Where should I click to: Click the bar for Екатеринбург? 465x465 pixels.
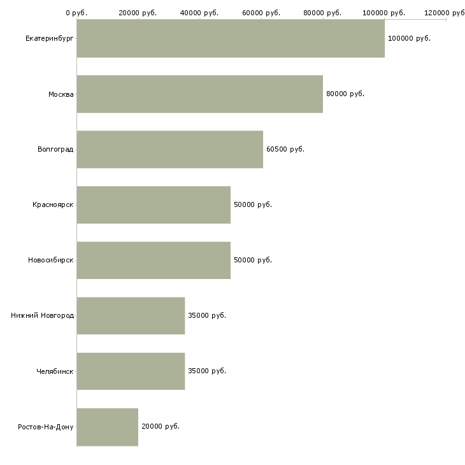click(x=231, y=38)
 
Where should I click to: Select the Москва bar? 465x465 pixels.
click(x=200, y=94)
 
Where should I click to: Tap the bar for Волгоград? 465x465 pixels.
click(x=170, y=150)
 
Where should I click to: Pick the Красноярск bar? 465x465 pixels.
click(x=154, y=205)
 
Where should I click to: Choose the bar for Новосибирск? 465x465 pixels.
click(x=154, y=261)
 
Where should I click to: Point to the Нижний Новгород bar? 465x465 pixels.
click(x=131, y=316)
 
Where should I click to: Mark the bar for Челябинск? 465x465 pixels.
click(x=131, y=371)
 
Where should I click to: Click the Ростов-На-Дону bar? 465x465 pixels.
click(x=108, y=427)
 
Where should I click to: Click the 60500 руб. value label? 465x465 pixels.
click(x=285, y=149)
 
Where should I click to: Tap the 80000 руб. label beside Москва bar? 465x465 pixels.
click(x=345, y=94)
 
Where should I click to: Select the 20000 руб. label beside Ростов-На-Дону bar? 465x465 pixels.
click(x=161, y=426)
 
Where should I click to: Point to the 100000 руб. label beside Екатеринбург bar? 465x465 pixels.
click(x=409, y=38)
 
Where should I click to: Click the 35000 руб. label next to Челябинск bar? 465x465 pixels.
click(x=207, y=371)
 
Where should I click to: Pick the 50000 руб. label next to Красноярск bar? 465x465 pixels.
click(x=253, y=204)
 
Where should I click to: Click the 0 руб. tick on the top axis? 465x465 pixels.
click(x=76, y=13)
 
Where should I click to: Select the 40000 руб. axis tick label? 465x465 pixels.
click(x=199, y=13)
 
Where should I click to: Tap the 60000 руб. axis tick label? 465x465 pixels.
click(x=261, y=13)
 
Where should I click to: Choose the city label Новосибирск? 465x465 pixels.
click(x=51, y=260)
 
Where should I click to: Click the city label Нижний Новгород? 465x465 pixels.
click(x=43, y=315)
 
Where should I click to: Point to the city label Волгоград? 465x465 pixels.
click(x=55, y=149)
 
